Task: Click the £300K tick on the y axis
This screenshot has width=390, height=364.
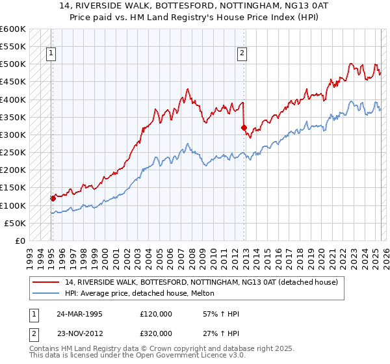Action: tap(13, 135)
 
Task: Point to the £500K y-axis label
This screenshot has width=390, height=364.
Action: tap(13, 64)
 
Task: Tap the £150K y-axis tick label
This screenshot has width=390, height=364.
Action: tap(13, 188)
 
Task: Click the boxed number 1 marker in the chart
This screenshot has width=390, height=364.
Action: tap(51, 54)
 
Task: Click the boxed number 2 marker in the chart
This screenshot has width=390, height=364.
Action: tap(242, 54)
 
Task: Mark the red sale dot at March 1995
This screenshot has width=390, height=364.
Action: tap(53, 198)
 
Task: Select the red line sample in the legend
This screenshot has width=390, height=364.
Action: tap(46, 283)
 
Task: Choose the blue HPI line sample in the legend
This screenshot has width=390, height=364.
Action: tap(46, 294)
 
